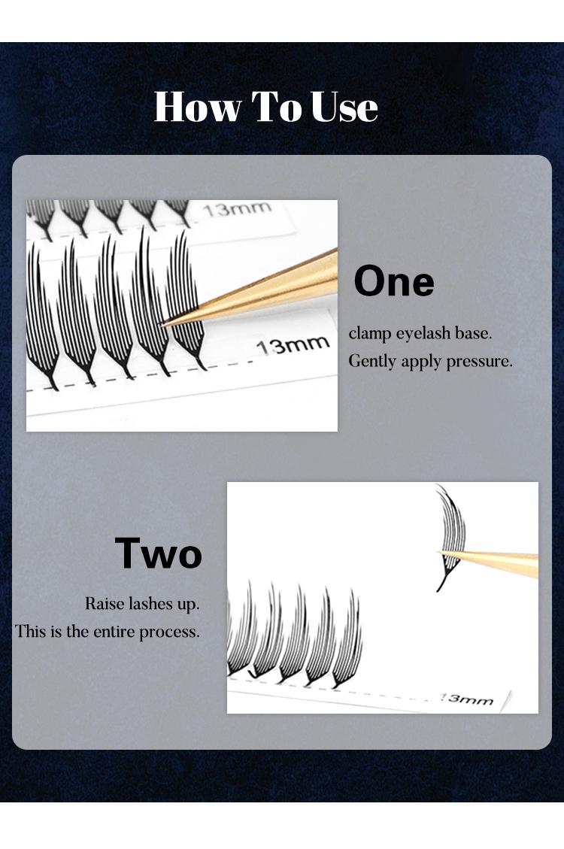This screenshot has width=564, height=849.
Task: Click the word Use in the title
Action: (x=344, y=107)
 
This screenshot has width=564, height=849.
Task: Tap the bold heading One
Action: (x=394, y=281)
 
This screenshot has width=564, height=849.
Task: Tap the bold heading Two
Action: (x=159, y=553)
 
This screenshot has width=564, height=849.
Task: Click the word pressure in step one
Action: (x=479, y=362)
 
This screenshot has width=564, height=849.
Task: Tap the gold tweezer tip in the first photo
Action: (x=162, y=324)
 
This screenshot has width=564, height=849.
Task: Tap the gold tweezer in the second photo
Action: (x=487, y=562)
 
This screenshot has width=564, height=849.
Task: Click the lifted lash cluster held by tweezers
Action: (x=451, y=536)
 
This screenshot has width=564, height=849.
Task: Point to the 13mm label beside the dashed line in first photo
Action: (x=293, y=345)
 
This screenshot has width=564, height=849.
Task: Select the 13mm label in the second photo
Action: (x=466, y=699)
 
